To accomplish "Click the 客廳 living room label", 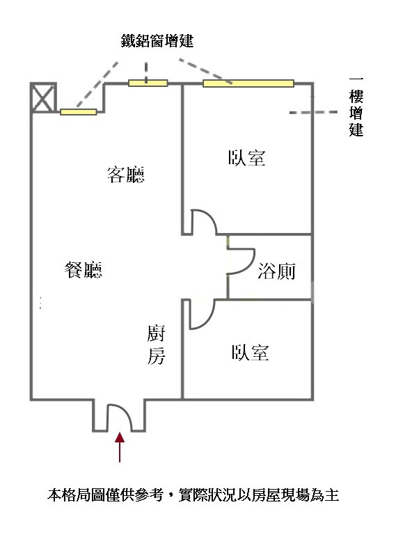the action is [x=126, y=175].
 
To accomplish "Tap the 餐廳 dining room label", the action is [x=84, y=270].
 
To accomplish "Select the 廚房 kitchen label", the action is [x=156, y=344].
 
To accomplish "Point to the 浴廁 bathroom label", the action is [x=276, y=271].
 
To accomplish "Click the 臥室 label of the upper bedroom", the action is [x=246, y=158].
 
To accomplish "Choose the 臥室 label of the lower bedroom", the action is [x=250, y=353].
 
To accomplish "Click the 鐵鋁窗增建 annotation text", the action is [x=157, y=41].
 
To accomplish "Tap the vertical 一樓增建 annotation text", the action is [x=356, y=107].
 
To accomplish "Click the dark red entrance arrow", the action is [x=120, y=447].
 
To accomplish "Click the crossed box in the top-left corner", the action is [x=43, y=97].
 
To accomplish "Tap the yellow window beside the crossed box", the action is [x=79, y=112].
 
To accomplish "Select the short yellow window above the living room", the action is [x=148, y=83].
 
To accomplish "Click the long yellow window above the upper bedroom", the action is [x=248, y=83].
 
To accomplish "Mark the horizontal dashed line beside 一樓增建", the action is [x=313, y=112].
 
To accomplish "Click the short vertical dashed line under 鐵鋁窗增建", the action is [x=146, y=72].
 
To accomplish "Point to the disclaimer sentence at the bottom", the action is [x=193, y=495].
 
